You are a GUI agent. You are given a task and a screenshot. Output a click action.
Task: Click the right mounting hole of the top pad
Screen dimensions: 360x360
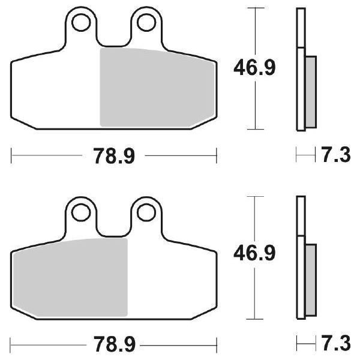pyautogui.click(x=144, y=23)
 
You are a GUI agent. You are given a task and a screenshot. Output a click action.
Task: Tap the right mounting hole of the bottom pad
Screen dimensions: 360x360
pyautogui.click(x=144, y=212)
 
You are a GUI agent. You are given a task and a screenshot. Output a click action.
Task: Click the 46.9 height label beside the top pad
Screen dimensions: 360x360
pyautogui.click(x=254, y=69)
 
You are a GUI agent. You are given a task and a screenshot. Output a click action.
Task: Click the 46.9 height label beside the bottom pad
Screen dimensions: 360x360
pyautogui.click(x=254, y=254)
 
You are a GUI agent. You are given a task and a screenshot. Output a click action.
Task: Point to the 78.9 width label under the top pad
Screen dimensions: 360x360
pyautogui.click(x=114, y=157)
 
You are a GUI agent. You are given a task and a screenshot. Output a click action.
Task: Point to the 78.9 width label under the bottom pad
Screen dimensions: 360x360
pyautogui.click(x=114, y=346)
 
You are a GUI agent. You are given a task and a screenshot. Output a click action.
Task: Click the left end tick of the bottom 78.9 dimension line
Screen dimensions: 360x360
pyautogui.click(x=12, y=346)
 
